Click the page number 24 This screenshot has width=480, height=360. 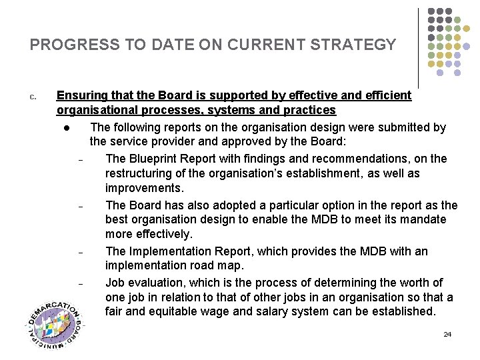447,334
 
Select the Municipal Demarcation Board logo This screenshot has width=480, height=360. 55,324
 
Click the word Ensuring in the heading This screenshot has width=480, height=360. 82,95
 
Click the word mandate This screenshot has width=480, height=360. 423,220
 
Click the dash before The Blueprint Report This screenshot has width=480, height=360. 80,161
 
